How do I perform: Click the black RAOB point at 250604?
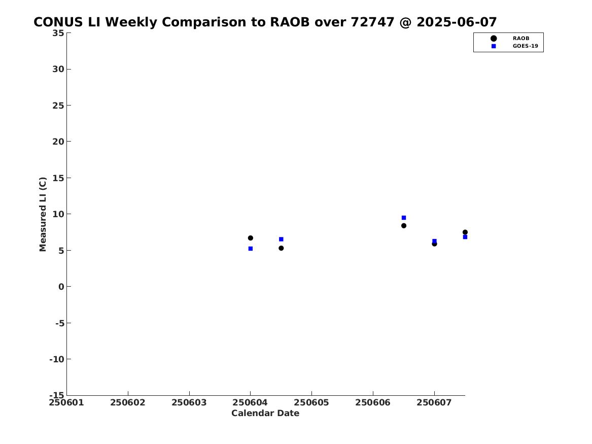pos(250,238)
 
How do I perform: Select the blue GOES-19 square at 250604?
pos(250,249)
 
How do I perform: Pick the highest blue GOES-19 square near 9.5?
pos(404,218)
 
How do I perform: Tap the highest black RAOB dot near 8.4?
pos(404,225)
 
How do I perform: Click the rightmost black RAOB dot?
pos(465,232)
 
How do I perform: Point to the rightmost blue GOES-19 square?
pos(465,237)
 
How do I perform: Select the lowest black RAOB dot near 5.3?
pos(281,248)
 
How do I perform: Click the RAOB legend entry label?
pos(520,38)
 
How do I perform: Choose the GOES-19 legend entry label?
pos(525,46)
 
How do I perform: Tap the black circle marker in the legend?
pos(494,38)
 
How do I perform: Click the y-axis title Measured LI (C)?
pos(43,214)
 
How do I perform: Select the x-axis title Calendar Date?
pos(265,413)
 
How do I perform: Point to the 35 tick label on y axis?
pos(58,33)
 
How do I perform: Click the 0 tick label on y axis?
pos(61,287)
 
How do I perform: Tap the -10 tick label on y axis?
pos(57,359)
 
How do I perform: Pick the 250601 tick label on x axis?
pos(66,402)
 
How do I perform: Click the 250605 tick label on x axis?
pos(311,402)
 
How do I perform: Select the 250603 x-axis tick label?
pos(189,402)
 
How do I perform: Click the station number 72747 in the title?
pos(373,22)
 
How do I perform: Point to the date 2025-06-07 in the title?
pos(457,22)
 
